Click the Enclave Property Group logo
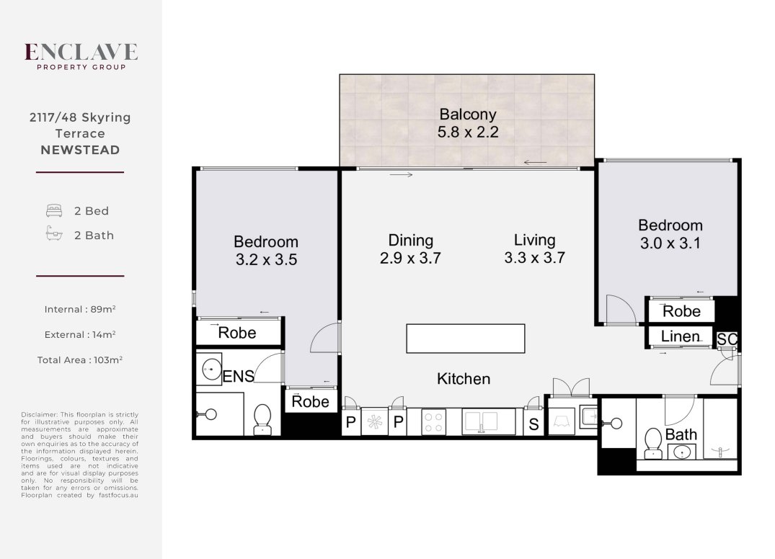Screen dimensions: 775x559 click(81, 56)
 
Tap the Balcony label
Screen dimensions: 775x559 click(468, 114)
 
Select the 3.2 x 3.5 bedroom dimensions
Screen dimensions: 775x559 click(266, 260)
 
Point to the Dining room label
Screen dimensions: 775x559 click(410, 241)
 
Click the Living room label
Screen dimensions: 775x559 click(534, 240)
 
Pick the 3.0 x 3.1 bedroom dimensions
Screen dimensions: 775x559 click(670, 243)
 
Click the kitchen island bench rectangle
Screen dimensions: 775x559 click(465, 339)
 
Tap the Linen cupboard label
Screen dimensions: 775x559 click(680, 336)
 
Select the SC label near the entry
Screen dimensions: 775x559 click(727, 339)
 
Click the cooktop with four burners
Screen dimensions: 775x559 click(433, 423)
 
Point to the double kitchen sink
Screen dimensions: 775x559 click(480, 422)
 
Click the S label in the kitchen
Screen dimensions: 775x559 click(533, 424)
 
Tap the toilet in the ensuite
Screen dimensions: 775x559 click(262, 419)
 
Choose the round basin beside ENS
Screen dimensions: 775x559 click(211, 368)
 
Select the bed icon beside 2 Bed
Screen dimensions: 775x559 click(54, 211)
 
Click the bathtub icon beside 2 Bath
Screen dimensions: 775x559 click(54, 233)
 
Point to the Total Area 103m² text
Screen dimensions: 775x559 click(79, 360)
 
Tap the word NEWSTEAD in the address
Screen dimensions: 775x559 click(80, 150)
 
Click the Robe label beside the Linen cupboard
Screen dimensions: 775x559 click(681, 311)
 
